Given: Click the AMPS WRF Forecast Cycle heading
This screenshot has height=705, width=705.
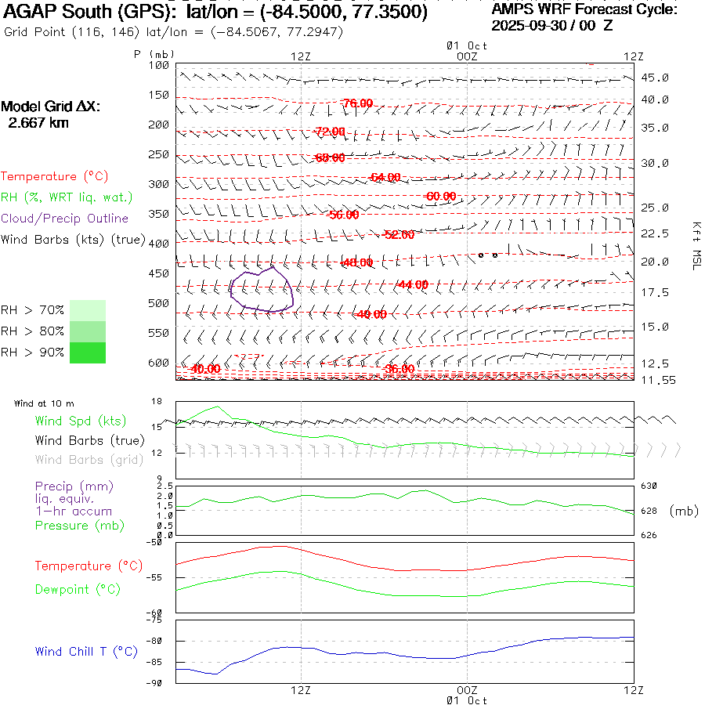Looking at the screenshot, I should (x=584, y=9).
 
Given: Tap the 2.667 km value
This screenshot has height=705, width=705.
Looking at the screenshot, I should (x=38, y=123).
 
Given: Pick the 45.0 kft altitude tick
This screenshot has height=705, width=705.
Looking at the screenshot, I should (x=655, y=78).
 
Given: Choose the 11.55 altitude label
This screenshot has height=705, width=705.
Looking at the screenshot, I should (x=657, y=380).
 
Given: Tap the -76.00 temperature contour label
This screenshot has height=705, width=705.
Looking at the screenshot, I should (x=357, y=103).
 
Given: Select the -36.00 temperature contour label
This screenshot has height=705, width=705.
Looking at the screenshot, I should (x=399, y=369).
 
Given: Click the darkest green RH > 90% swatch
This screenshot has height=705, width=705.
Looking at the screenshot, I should (x=88, y=352).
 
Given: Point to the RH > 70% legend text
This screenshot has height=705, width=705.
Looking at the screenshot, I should (x=33, y=310).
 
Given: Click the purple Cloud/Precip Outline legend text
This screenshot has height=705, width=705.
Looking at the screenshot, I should (x=64, y=219).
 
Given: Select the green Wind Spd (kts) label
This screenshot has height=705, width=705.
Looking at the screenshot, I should (x=80, y=421).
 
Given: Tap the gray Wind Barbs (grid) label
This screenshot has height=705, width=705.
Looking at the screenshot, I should (x=89, y=460).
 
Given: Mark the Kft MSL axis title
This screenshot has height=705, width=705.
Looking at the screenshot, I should (x=695, y=244).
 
